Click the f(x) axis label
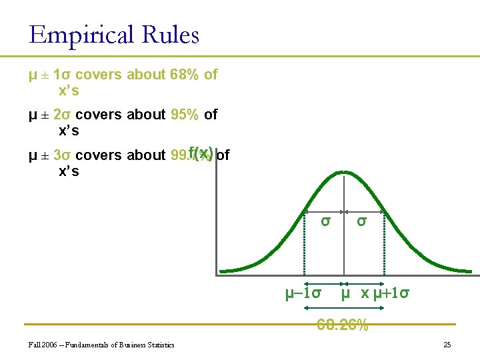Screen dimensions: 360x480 (201, 153)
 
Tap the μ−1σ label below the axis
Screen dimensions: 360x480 (303, 293)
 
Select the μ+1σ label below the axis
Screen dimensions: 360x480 (391, 293)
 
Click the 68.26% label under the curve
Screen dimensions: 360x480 (343, 325)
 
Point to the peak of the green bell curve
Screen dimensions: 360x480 (343, 173)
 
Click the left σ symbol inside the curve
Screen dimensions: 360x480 (325, 221)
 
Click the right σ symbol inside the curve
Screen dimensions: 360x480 (361, 221)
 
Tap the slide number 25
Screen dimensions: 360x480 (447, 345)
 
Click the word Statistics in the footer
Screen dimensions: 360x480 (160, 345)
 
